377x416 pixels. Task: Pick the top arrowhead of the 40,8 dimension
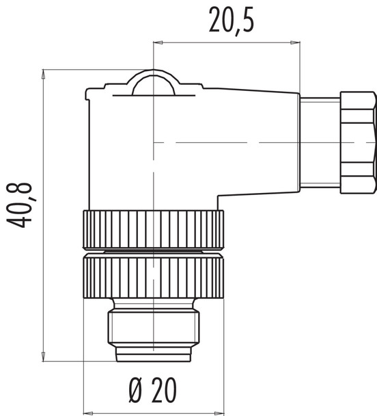43,73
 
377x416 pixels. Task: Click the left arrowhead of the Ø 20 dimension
87,412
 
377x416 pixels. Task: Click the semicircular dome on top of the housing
154,82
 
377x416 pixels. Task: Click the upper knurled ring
153,230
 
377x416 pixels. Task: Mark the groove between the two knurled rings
153,251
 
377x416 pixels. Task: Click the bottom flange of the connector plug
153,354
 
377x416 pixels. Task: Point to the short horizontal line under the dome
153,96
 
